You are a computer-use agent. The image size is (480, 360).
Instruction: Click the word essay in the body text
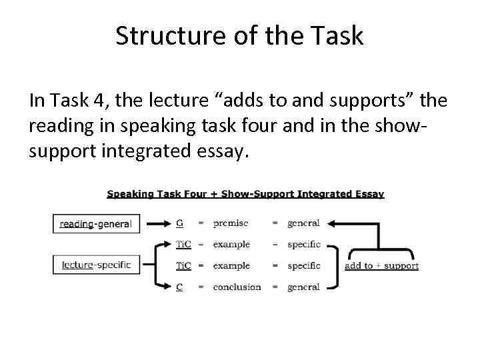coord(225,151)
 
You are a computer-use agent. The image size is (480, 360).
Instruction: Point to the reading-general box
coord(96,223)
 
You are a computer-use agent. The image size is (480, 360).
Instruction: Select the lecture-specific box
coord(96,265)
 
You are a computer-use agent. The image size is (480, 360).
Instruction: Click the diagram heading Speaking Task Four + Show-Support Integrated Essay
coord(245,194)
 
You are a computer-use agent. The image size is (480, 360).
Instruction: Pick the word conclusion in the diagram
coord(237,287)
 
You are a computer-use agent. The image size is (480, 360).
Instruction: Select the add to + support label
coord(381,265)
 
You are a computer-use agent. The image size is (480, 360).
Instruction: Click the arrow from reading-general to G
coord(157,223)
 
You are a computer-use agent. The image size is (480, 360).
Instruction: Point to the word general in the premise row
coord(304,223)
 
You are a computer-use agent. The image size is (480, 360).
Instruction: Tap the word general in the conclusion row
coord(304,287)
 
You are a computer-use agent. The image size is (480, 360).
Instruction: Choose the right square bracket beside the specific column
coord(333,265)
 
